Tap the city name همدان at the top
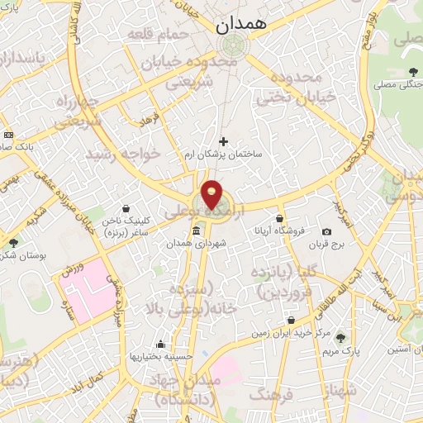[x=243, y=26]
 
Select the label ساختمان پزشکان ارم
[x=224, y=154]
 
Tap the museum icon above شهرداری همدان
[x=196, y=231]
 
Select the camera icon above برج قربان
[x=327, y=231]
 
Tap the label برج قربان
[x=327, y=245]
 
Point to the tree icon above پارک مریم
[x=341, y=338]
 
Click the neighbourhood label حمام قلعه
[x=159, y=33]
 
